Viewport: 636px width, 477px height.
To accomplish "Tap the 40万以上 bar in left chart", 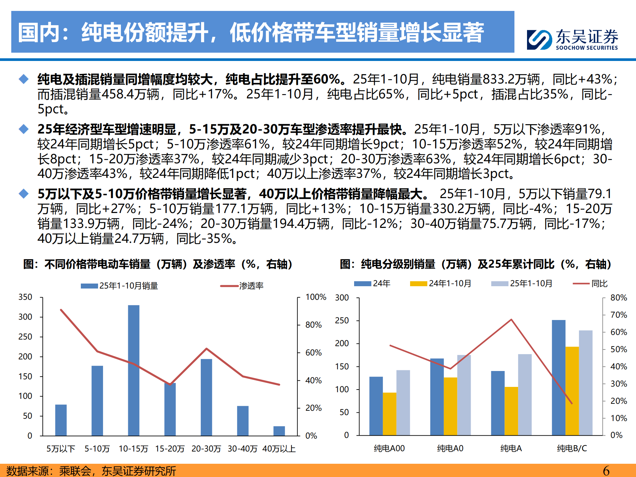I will click(x=279, y=431).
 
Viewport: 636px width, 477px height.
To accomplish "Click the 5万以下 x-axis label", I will click(x=61, y=449).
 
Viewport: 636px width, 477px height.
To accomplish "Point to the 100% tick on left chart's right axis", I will click(x=315, y=297).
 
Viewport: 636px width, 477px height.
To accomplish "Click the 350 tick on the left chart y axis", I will click(x=25, y=297).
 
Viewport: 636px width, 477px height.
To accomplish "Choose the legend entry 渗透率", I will click(x=251, y=286).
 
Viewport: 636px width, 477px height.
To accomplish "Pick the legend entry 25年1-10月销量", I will click(x=128, y=286).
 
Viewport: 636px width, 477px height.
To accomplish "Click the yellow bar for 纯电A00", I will click(x=390, y=414).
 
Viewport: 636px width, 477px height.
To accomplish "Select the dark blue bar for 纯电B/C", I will click(x=558, y=377).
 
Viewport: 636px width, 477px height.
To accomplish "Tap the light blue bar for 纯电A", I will click(x=525, y=394).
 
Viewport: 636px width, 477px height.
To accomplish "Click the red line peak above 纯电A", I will click(x=511, y=320).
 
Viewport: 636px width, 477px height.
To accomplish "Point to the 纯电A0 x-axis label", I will click(x=450, y=449).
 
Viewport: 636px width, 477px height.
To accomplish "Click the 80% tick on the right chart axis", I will click(x=618, y=298).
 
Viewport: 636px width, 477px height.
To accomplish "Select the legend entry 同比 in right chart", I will click(x=599, y=284).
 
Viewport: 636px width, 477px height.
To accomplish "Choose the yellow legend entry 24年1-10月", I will click(x=450, y=284).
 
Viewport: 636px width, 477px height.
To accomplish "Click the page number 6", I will click(x=606, y=471).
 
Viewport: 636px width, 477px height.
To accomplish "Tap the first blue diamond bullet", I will click(x=24, y=79).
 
